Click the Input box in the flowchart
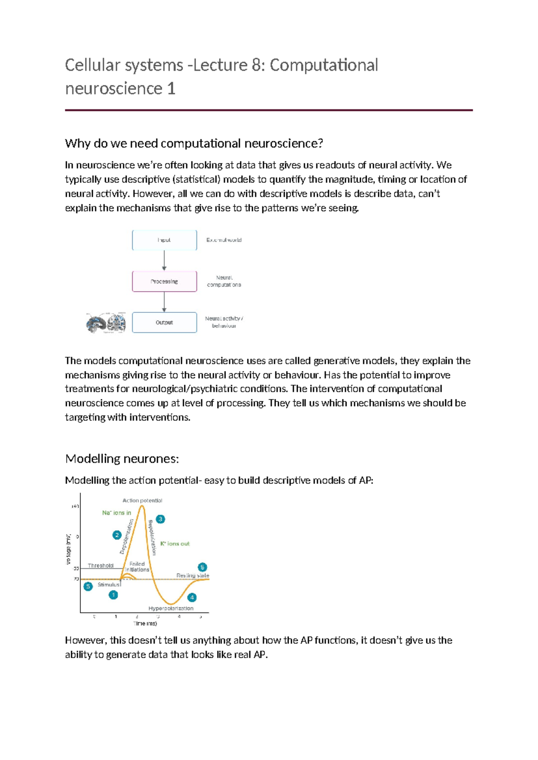pyautogui.click(x=164, y=240)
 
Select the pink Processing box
pyautogui.click(x=164, y=281)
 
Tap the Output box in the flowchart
pyautogui.click(x=164, y=323)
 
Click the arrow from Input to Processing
pyautogui.click(x=164, y=260)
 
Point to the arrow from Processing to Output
pyautogui.click(x=164, y=302)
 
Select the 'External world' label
pyautogui.click(x=224, y=240)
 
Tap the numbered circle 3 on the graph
pyautogui.click(x=160, y=519)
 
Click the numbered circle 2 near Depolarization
pyautogui.click(x=117, y=535)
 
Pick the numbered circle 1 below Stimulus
pyautogui.click(x=113, y=595)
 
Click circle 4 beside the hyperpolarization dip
pyautogui.click(x=192, y=597)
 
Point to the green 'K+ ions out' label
pyautogui.click(x=175, y=544)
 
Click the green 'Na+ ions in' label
pyautogui.click(x=117, y=513)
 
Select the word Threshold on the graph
pyautogui.click(x=100, y=566)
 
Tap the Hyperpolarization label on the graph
pyautogui.click(x=171, y=609)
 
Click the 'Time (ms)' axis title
pyautogui.click(x=145, y=623)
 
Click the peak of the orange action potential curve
pyautogui.click(x=142, y=506)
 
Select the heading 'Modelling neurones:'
pyautogui.click(x=122, y=459)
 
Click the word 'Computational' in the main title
pyautogui.click(x=324, y=65)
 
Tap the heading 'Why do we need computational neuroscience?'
pyautogui.click(x=194, y=143)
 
